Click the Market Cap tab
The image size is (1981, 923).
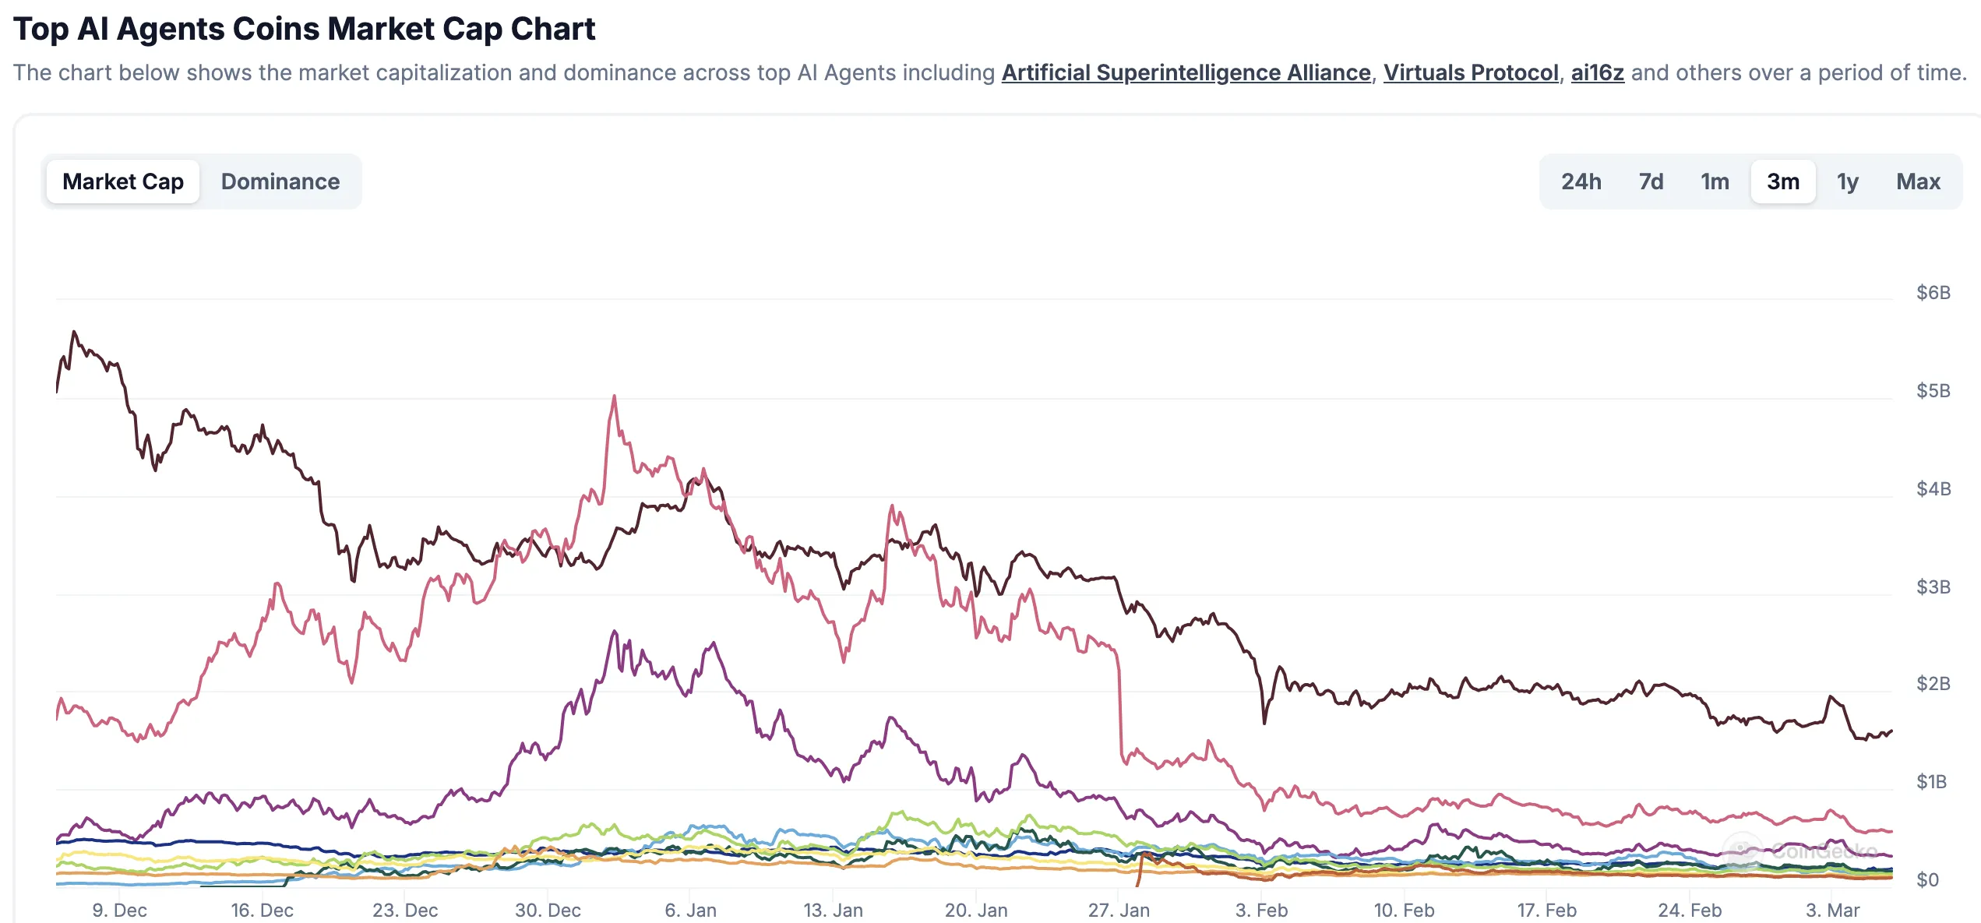[x=123, y=181]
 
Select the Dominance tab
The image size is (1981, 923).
[x=280, y=181]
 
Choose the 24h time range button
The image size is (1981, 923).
[x=1581, y=181]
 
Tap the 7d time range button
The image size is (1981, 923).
[x=1651, y=181]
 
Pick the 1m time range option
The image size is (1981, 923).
[x=1715, y=181]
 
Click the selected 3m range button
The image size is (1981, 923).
[x=1783, y=181]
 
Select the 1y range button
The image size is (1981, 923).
[x=1848, y=181]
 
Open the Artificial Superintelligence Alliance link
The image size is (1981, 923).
[x=1186, y=72]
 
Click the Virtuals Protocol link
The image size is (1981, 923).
[x=1471, y=72]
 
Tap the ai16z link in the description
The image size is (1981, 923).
[x=1597, y=72]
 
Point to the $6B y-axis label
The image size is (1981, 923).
[x=1933, y=293]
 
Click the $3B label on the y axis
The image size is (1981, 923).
[x=1933, y=587]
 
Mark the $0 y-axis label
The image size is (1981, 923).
[x=1927, y=880]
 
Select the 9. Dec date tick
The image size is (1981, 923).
[x=119, y=910]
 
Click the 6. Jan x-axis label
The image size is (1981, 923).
[x=690, y=910]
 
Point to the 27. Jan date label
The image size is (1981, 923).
[x=1119, y=910]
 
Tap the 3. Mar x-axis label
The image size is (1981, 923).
[x=1832, y=910]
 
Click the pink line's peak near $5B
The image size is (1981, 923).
[x=614, y=396]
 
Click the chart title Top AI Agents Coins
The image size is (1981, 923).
[x=304, y=29]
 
